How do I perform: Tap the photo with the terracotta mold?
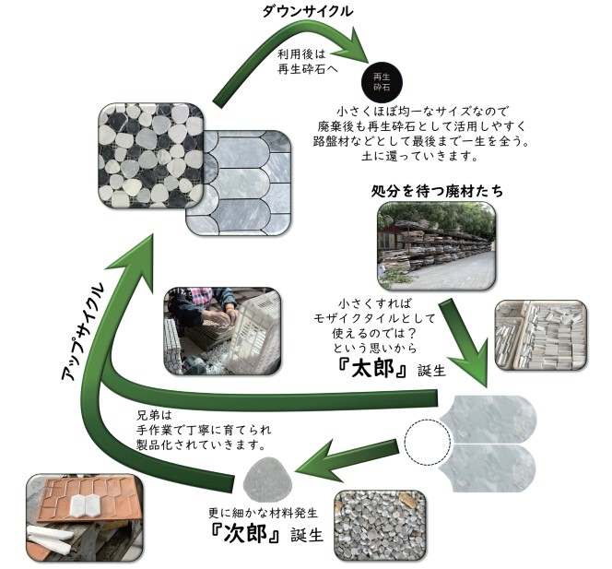tap(83, 517)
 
